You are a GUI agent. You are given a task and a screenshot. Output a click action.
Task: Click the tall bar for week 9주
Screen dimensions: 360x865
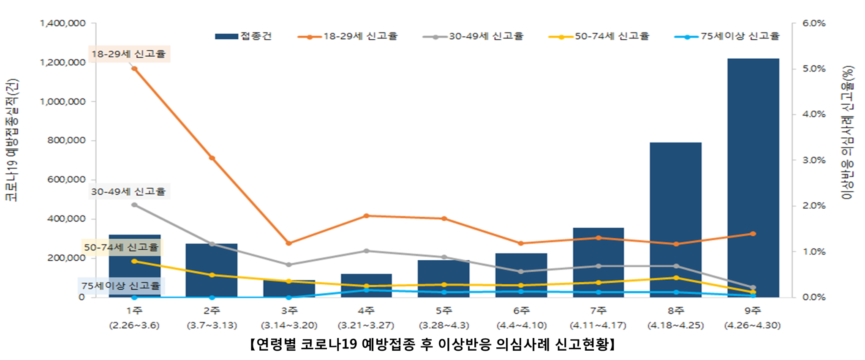click(x=753, y=177)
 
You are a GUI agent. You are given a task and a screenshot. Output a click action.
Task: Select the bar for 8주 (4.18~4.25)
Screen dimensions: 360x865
click(x=676, y=220)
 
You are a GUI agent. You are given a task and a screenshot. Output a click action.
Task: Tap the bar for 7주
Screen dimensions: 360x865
click(x=598, y=262)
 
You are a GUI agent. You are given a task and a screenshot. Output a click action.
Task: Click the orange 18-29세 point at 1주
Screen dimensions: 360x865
click(x=134, y=68)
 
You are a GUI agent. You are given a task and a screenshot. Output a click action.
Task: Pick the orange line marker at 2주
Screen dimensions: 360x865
click(x=212, y=158)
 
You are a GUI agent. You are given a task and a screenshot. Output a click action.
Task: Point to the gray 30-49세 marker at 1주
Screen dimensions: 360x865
click(x=134, y=205)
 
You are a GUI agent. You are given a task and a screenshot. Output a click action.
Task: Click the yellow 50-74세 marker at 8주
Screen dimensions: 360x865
click(x=676, y=278)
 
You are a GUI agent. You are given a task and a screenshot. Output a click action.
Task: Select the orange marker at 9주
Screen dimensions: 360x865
click(x=753, y=234)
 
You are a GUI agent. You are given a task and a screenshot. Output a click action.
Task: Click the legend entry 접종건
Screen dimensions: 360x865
click(x=244, y=36)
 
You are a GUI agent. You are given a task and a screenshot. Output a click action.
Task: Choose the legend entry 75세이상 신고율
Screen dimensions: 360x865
click(x=728, y=36)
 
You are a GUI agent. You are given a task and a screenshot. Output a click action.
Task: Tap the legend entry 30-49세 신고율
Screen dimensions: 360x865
click(x=473, y=36)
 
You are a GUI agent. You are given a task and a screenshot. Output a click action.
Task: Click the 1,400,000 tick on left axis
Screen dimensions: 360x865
click(x=63, y=23)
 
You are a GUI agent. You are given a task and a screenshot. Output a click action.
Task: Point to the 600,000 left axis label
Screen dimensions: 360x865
click(x=67, y=180)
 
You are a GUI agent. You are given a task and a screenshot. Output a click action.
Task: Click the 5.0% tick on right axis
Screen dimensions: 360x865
click(x=814, y=69)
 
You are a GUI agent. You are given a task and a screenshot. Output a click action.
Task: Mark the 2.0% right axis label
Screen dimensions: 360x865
click(x=814, y=206)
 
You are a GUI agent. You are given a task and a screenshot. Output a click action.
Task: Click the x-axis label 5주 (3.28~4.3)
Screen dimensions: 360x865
click(x=444, y=318)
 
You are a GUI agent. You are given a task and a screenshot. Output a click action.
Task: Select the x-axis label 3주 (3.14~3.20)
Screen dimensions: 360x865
click(x=289, y=318)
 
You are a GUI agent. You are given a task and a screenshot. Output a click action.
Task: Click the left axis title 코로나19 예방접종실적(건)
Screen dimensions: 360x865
click(x=12, y=139)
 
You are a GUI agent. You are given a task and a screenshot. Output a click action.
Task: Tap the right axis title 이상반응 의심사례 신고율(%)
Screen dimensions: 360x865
click(x=847, y=132)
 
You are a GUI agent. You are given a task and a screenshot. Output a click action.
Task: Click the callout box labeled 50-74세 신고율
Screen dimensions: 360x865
click(x=121, y=247)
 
